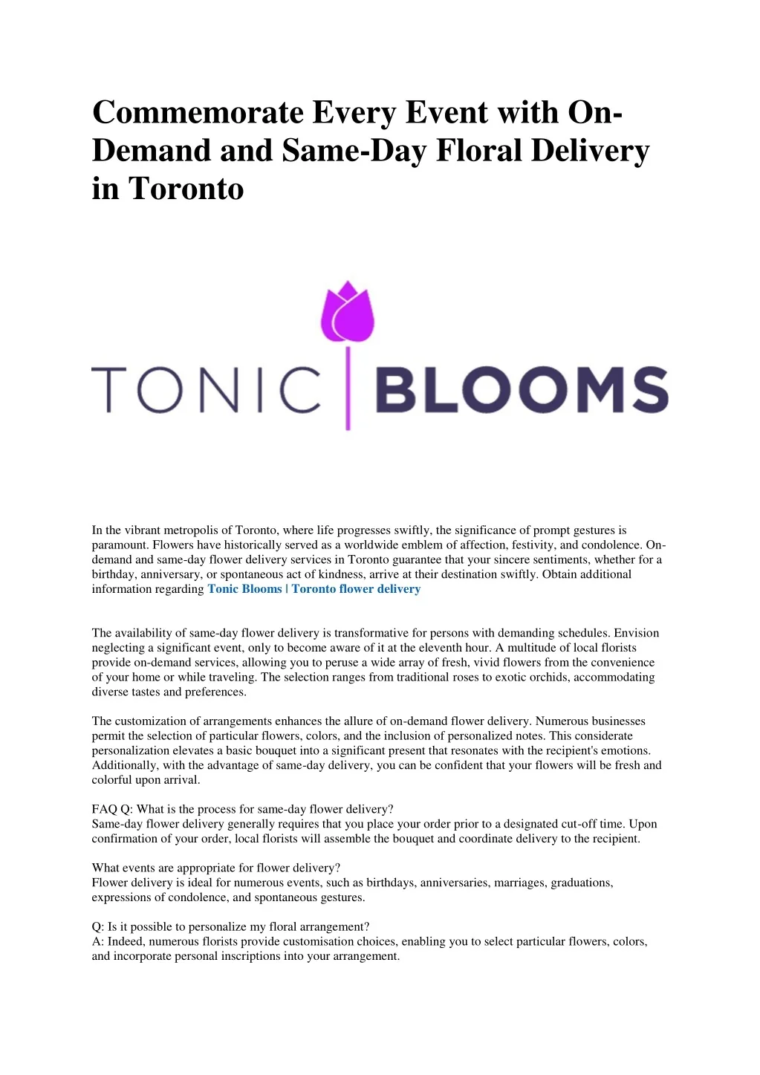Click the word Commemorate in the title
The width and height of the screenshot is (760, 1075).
198,113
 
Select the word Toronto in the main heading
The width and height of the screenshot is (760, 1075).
186,189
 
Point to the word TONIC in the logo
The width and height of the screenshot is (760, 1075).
206,390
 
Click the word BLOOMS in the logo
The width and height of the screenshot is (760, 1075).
520,390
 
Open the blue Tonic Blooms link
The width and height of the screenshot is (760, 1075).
244,589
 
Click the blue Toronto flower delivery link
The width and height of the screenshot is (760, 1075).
356,589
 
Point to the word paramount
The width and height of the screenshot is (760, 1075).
119,545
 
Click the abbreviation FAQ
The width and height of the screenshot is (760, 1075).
104,809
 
